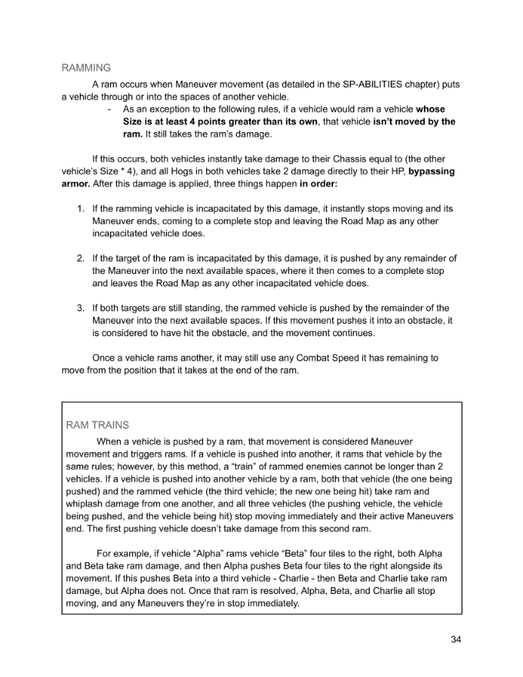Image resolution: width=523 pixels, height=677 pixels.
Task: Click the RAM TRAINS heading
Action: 98,424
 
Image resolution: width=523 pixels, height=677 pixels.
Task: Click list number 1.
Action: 80,208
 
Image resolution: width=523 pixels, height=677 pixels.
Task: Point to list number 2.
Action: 80,258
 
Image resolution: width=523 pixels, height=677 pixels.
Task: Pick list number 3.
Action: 80,308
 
